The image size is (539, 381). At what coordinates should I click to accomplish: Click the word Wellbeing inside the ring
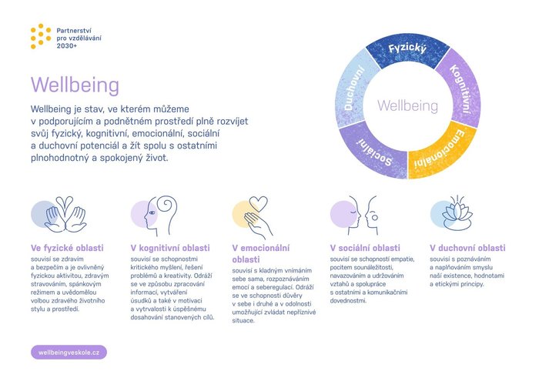[x=407, y=105]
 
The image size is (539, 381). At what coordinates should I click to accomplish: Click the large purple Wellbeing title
[x=75, y=85]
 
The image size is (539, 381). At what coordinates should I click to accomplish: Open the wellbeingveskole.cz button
[x=69, y=353]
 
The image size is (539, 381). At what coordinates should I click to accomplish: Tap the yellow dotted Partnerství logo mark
[x=41, y=36]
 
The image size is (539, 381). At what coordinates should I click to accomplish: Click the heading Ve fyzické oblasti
[x=67, y=248]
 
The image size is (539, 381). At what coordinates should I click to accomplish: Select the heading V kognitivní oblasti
[x=170, y=248]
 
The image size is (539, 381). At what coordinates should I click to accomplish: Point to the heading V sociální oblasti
[x=365, y=248]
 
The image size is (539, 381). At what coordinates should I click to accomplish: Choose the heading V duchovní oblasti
[x=467, y=248]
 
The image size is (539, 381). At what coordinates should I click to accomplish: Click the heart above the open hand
[x=259, y=204]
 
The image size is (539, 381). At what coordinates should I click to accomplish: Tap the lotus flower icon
[x=457, y=214]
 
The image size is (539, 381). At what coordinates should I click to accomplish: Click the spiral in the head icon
[x=166, y=206]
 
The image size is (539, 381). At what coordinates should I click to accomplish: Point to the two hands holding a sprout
[x=65, y=215]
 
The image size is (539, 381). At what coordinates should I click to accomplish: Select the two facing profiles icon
[x=363, y=216]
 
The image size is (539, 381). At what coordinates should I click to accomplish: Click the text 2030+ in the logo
[x=67, y=45]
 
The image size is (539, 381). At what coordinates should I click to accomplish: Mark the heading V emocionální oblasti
[x=260, y=253]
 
